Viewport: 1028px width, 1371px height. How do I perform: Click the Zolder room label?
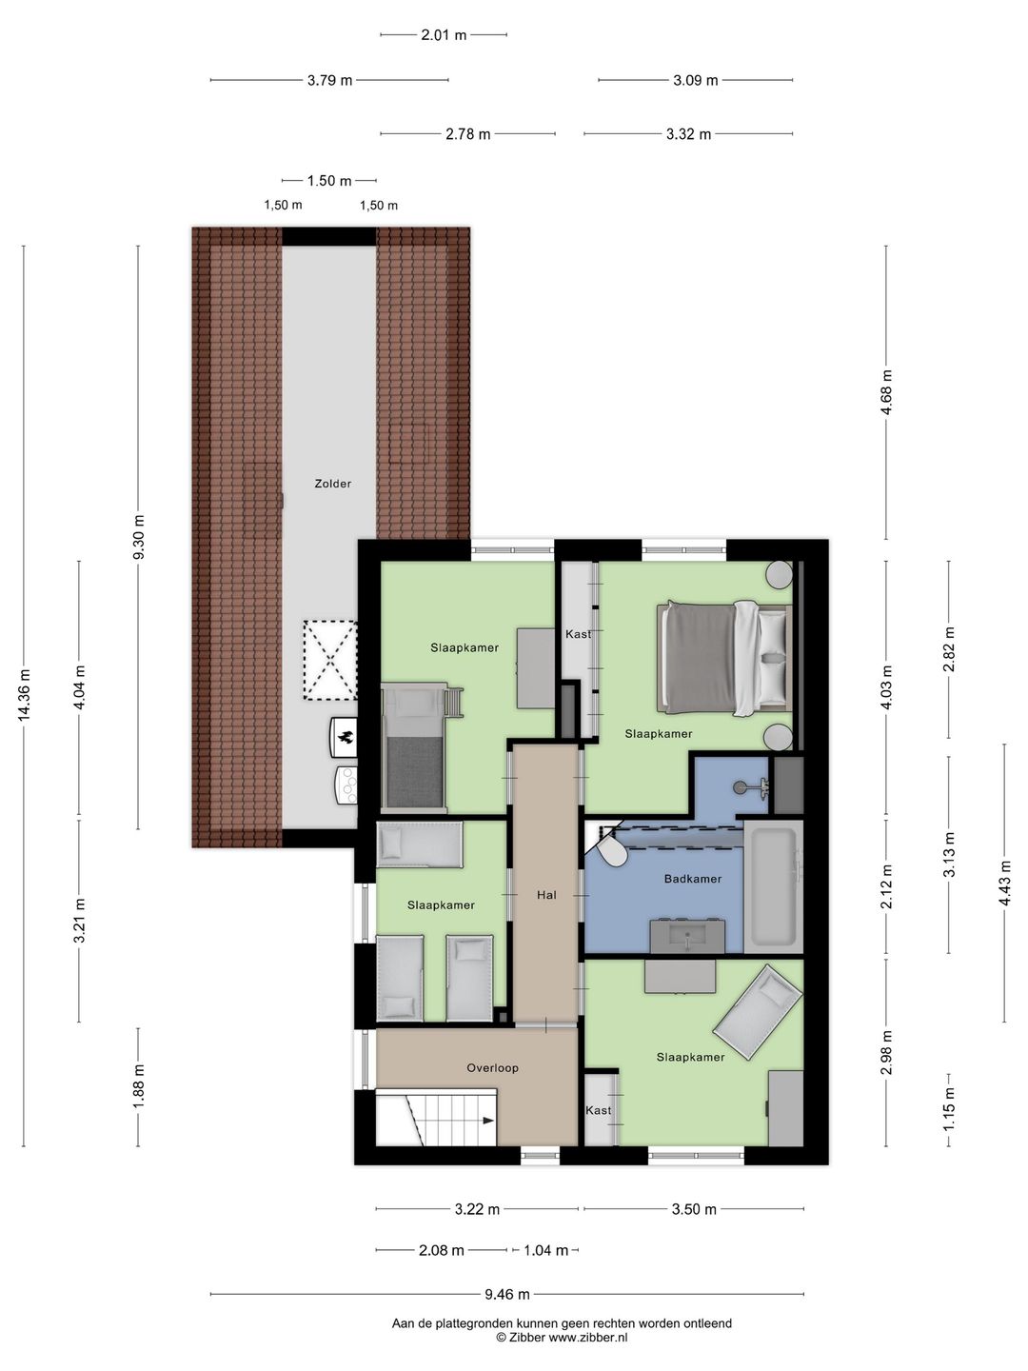(x=333, y=484)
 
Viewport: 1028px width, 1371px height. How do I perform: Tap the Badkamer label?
(x=692, y=879)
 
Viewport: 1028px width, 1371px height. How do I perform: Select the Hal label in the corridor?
(x=546, y=895)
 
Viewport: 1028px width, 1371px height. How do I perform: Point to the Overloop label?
(x=492, y=1068)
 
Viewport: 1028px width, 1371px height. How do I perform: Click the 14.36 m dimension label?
(x=25, y=695)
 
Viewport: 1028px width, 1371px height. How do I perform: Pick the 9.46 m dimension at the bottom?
(x=506, y=1294)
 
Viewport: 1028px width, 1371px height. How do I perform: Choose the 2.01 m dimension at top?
(x=444, y=35)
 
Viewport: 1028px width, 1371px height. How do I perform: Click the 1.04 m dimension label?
(x=545, y=1250)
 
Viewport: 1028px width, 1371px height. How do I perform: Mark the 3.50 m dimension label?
(x=694, y=1209)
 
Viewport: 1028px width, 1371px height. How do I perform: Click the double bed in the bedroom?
(x=724, y=657)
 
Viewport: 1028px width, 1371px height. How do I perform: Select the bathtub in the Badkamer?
(x=773, y=886)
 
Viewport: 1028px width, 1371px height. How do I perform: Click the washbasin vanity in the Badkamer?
(x=687, y=936)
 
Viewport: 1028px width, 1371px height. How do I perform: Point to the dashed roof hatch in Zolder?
(x=330, y=660)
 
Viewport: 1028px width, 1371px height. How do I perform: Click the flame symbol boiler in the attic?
(x=344, y=738)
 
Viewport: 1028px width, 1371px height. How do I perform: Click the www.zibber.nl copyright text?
(x=562, y=1337)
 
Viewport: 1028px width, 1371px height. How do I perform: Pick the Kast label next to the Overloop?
(x=598, y=1110)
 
